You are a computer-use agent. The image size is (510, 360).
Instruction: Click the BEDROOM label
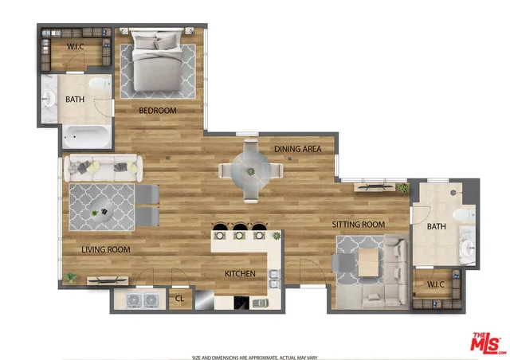(x=157, y=110)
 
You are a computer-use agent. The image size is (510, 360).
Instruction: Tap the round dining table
(x=250, y=170)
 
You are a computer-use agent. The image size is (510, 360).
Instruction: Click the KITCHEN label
(x=240, y=274)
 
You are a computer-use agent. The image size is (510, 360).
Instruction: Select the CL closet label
(x=179, y=300)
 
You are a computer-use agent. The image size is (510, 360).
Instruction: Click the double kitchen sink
(x=273, y=279)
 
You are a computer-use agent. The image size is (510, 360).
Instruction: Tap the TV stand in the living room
(x=106, y=279)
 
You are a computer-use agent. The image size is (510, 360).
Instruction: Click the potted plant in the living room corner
(x=71, y=277)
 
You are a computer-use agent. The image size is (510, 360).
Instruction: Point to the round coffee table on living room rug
(x=101, y=211)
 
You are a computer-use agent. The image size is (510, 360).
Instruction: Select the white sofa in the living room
(x=103, y=166)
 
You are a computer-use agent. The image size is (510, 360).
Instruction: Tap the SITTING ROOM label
(x=359, y=225)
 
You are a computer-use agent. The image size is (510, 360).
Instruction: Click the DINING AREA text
(x=297, y=149)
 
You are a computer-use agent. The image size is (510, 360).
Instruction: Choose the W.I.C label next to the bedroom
(x=76, y=47)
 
